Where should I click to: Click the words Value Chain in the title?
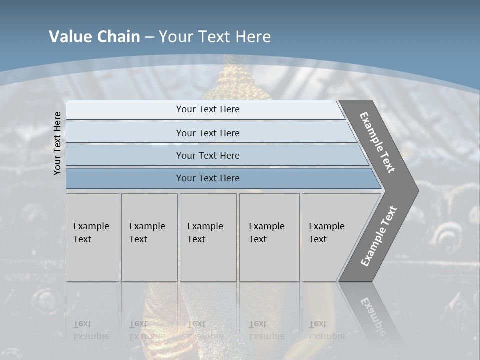(x=94, y=37)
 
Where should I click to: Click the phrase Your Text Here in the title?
(x=215, y=37)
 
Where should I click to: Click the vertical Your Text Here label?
(x=57, y=143)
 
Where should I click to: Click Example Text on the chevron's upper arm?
(x=377, y=142)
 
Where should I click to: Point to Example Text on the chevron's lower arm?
(x=379, y=236)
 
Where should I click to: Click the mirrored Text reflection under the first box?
(x=82, y=324)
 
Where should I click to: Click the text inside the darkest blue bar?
(x=208, y=178)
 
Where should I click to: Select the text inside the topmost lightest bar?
(x=208, y=109)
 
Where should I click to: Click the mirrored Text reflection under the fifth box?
(x=318, y=324)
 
